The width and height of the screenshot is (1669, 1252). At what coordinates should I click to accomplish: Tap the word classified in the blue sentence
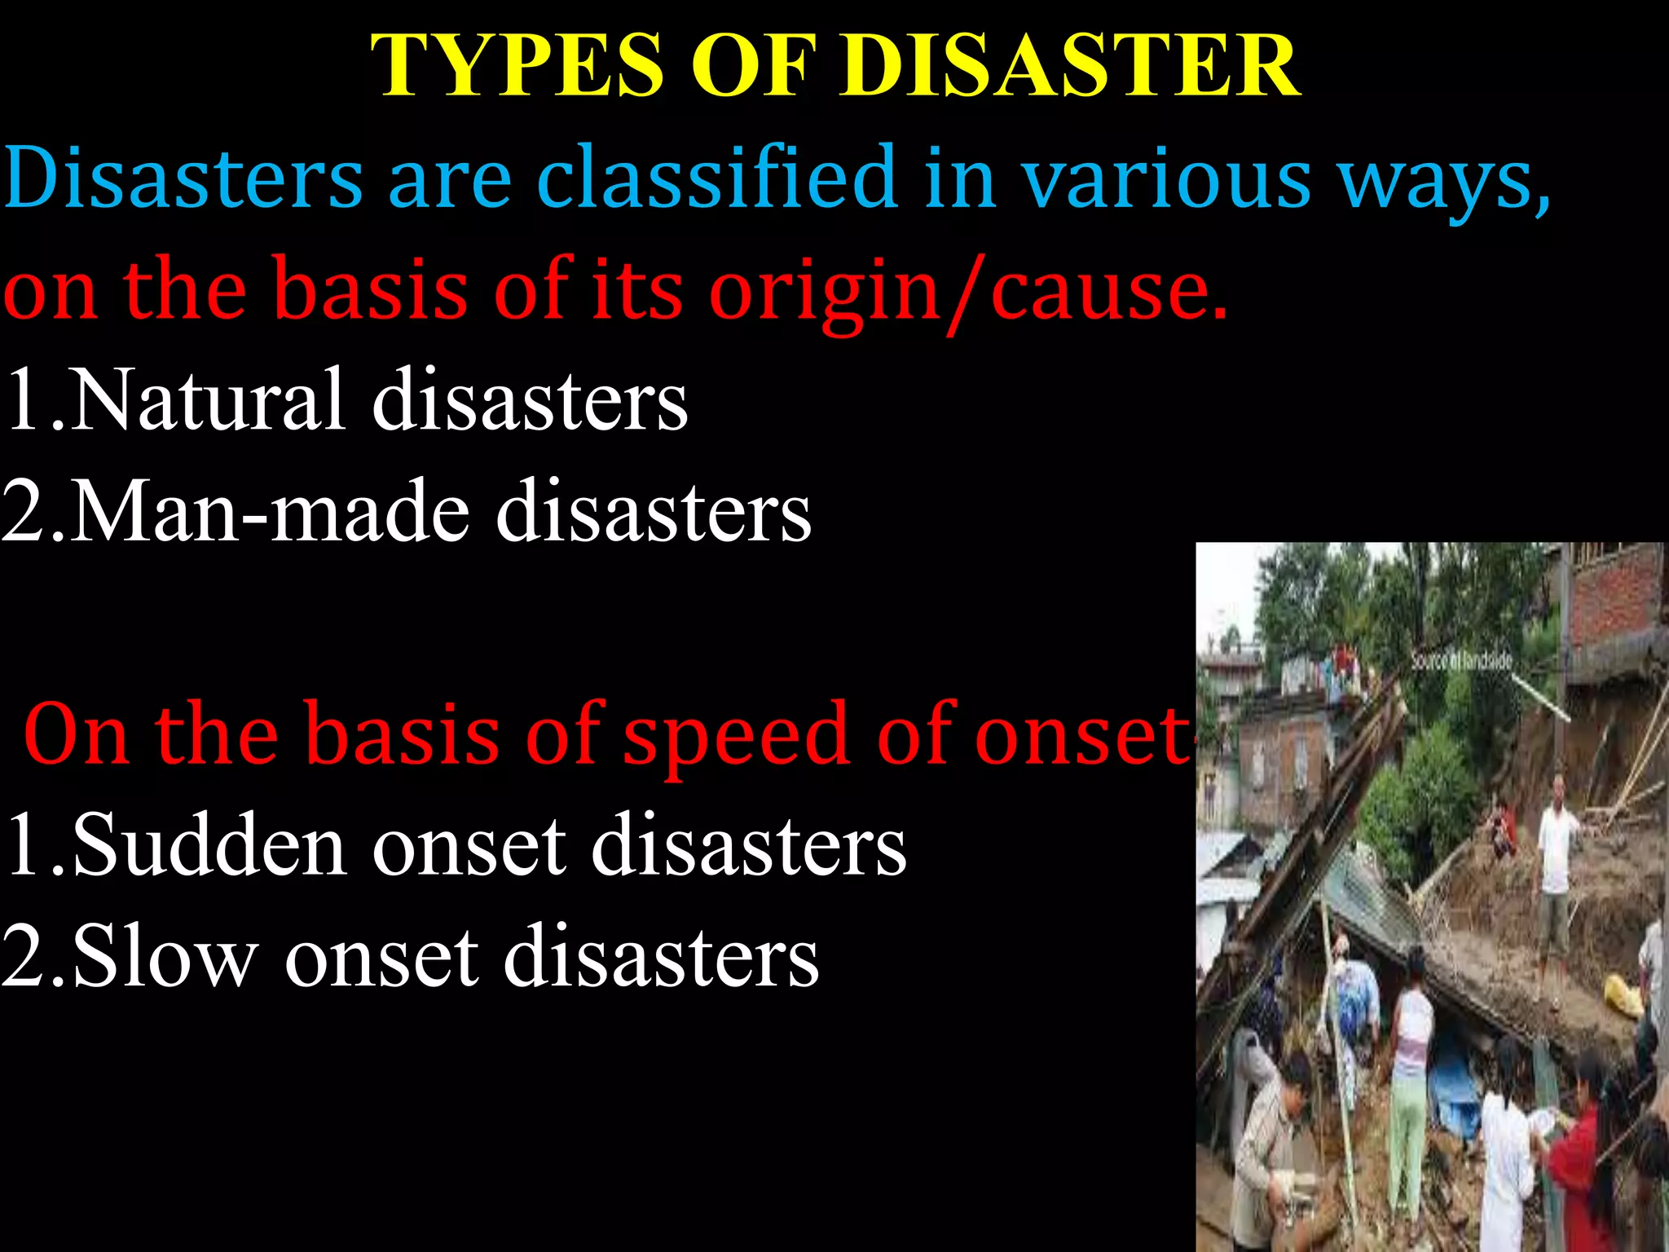point(717,178)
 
